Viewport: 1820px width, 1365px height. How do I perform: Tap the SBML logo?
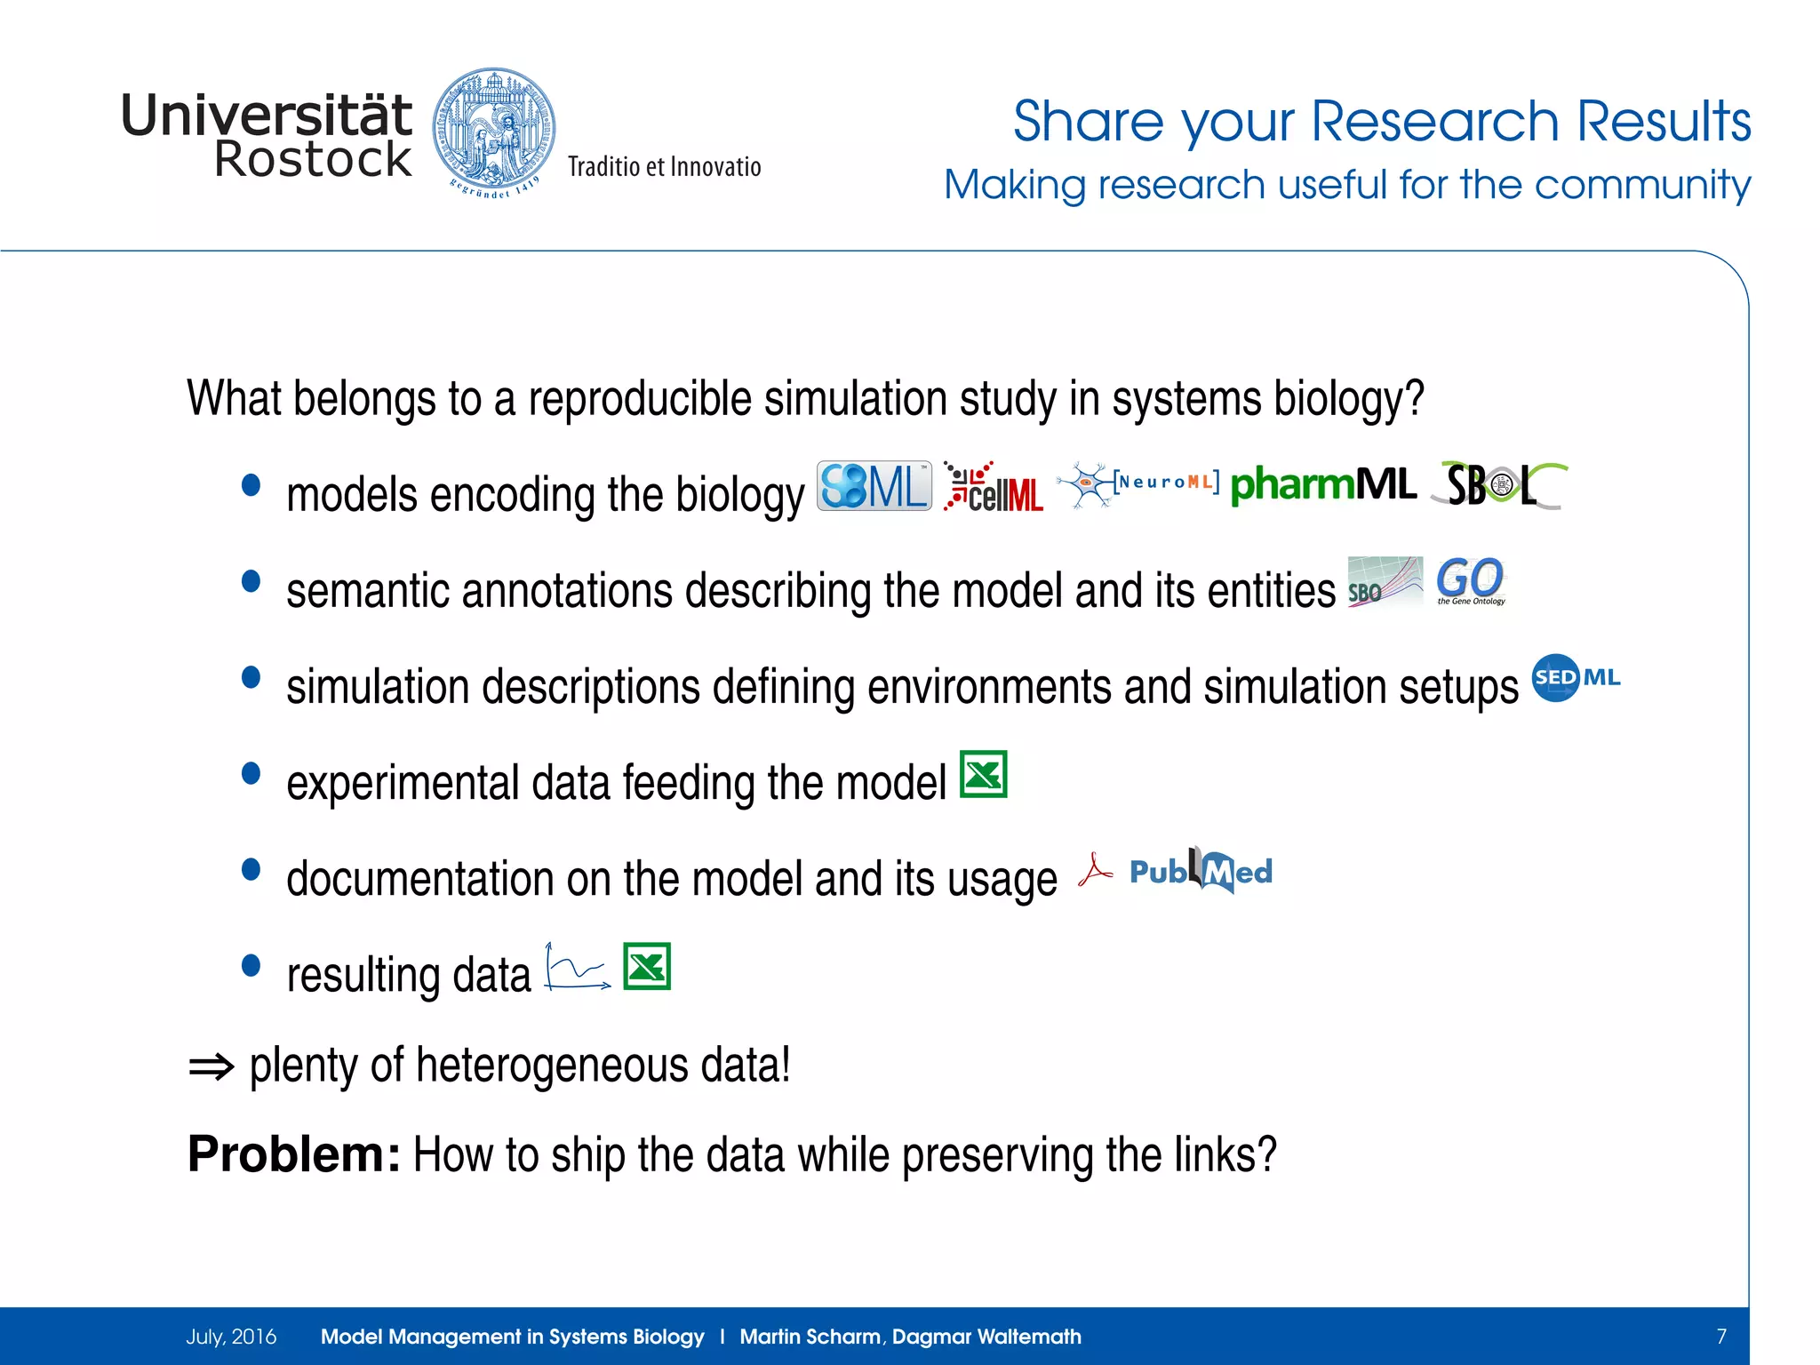(x=874, y=486)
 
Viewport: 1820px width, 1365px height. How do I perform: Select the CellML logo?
(x=994, y=488)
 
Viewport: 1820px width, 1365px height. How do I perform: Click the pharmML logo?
(x=1322, y=485)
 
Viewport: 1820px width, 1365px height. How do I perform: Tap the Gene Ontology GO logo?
(x=1471, y=581)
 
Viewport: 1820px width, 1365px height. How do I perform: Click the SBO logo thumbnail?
(x=1384, y=582)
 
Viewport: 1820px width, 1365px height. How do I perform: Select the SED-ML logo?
(x=1576, y=678)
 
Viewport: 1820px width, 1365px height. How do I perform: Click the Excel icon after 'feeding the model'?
(x=984, y=774)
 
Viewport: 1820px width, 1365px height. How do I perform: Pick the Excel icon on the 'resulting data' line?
(x=647, y=966)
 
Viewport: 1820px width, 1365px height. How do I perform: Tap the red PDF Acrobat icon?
(x=1094, y=871)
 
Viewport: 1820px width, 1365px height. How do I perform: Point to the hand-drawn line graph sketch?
(x=577, y=967)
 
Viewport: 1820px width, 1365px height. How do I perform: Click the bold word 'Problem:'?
(x=294, y=1154)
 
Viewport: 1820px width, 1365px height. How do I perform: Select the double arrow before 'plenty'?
(x=212, y=1066)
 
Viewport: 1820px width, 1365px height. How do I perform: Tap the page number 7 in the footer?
(x=1720, y=1337)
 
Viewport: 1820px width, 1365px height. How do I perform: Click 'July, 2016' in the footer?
(x=231, y=1337)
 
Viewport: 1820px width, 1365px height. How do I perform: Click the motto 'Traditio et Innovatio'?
(x=664, y=167)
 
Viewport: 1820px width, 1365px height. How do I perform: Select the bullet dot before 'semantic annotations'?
(x=251, y=581)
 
